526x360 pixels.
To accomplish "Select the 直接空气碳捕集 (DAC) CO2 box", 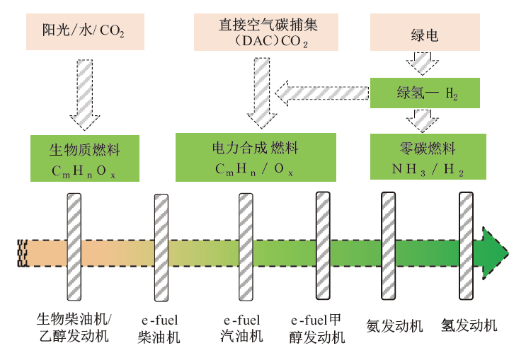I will coord(258,30).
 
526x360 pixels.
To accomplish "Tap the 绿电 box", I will coord(425,34).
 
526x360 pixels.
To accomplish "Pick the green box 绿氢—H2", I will coord(425,93).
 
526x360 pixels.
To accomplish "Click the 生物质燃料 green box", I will coord(84,159).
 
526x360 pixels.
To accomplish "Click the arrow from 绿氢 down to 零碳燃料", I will coord(425,120).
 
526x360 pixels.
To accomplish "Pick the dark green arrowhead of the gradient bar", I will coord(493,252).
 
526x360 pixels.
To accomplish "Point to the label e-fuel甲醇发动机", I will coord(322,328).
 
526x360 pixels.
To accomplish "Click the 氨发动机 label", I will coord(394,326).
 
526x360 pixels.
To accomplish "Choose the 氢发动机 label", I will coord(469,325).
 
